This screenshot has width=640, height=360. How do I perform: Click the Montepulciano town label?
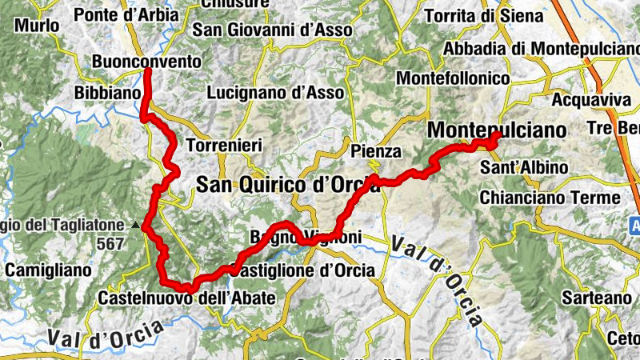tap(497, 130)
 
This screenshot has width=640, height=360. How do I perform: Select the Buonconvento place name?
tap(146, 62)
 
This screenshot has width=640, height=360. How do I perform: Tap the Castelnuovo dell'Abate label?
tap(186, 298)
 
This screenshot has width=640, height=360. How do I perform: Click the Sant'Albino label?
tap(524, 168)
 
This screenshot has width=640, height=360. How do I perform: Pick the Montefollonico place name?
tap(453, 79)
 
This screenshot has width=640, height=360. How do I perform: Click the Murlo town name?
tap(37, 26)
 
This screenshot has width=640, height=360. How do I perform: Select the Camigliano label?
tap(48, 270)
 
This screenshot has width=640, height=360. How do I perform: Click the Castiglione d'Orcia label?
tap(303, 270)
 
